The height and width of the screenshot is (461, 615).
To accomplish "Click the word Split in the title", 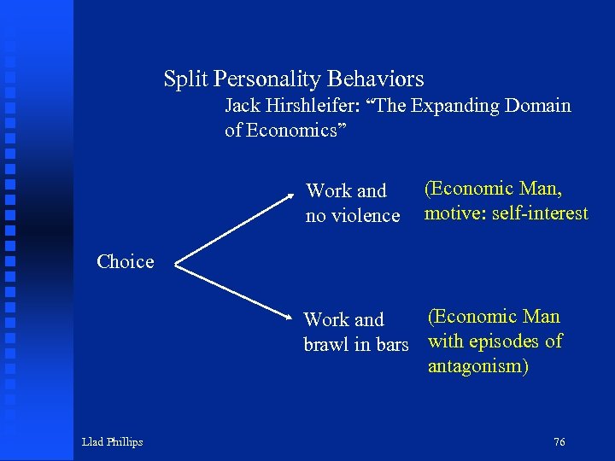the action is (185, 79).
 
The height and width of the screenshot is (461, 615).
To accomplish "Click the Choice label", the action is (126, 262).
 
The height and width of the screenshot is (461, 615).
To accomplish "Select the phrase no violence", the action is (353, 216).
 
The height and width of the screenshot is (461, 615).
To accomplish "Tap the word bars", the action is (389, 345).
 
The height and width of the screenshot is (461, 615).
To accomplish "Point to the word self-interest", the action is (537, 213).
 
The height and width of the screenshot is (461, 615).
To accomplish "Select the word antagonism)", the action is (478, 367).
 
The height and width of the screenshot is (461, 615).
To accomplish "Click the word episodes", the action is (507, 341).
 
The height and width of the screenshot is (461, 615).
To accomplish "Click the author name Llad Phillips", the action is (112, 441).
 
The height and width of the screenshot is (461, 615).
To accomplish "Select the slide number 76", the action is (559, 441).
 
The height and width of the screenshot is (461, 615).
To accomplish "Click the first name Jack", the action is (241, 106).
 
